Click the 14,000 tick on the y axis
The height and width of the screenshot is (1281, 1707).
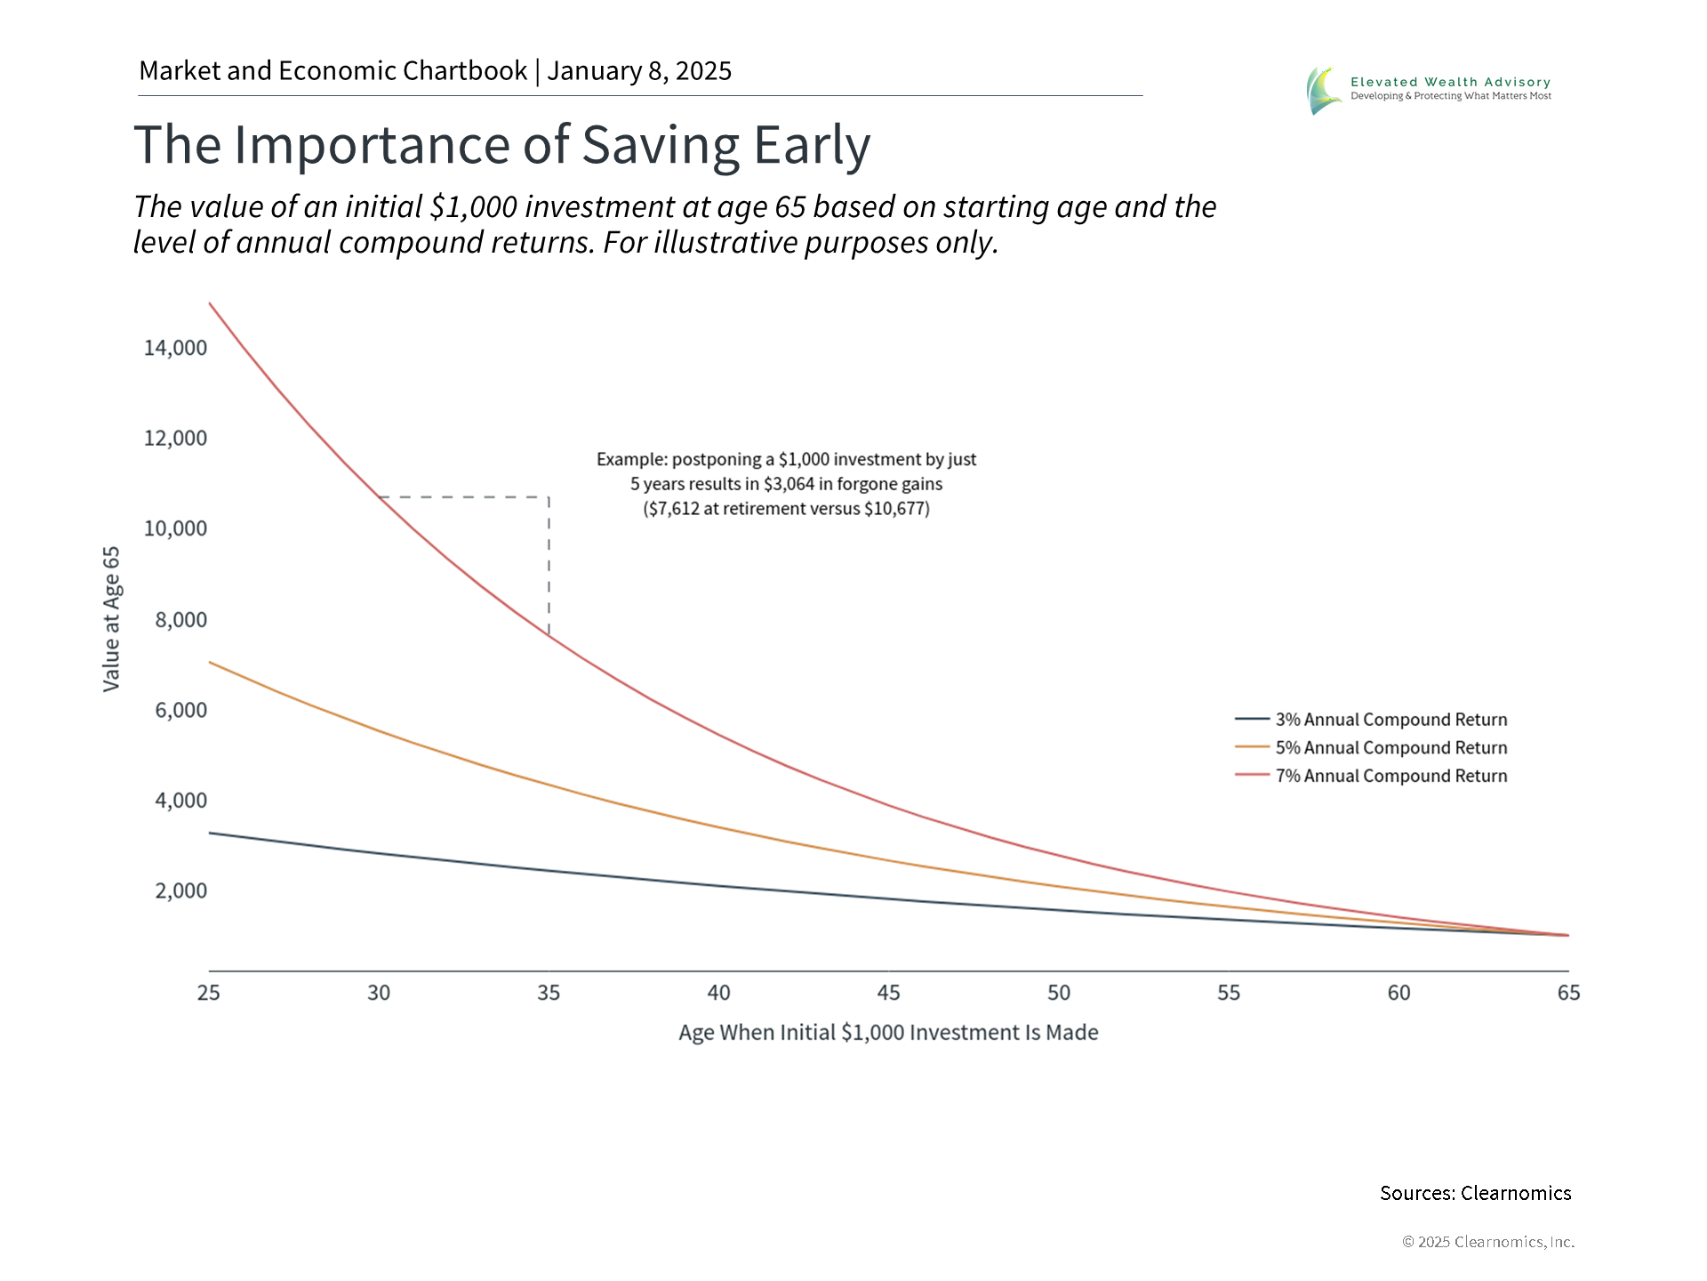click(175, 348)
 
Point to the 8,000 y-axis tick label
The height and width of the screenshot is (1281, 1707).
click(180, 619)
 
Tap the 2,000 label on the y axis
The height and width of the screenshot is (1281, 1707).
click(180, 890)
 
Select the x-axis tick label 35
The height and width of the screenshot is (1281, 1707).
click(549, 993)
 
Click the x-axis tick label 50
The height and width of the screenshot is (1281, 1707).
click(1058, 993)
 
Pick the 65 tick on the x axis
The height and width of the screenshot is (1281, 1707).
click(1568, 993)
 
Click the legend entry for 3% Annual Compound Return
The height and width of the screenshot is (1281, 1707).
click(1390, 720)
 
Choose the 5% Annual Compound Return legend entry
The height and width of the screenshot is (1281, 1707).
click(1390, 748)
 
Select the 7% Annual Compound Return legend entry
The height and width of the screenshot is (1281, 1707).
click(1390, 776)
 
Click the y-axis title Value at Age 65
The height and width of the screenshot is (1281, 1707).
click(111, 619)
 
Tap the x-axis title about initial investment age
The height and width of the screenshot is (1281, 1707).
click(888, 1033)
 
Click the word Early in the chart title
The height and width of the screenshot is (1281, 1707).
click(812, 145)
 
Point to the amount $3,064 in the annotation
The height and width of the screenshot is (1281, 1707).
click(789, 484)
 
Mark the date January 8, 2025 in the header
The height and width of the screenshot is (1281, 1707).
click(639, 71)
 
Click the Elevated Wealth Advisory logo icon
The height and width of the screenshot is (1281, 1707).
click(1324, 90)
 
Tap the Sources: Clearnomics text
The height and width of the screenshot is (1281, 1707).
click(1475, 1193)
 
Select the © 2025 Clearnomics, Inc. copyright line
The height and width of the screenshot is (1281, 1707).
click(1487, 1242)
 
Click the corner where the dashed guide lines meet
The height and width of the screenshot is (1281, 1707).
click(549, 497)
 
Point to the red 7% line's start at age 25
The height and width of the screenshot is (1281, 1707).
click(210, 304)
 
